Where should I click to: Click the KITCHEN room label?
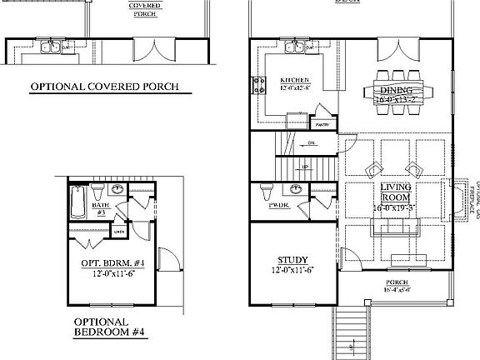282,81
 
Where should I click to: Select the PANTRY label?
322,125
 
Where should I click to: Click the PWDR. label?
279,204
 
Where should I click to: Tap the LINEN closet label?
119,232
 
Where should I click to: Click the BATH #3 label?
101,207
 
